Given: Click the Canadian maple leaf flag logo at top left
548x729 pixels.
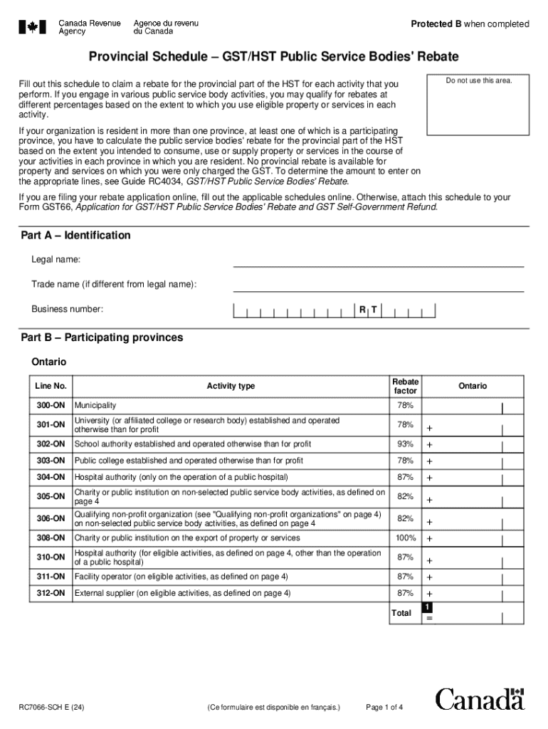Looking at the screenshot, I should point(32,27).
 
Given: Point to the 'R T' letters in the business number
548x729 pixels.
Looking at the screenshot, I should point(368,310).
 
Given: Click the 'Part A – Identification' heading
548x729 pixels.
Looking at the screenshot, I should point(75,236).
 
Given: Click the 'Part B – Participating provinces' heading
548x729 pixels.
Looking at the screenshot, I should point(101,337).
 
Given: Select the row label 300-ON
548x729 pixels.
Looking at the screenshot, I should point(51,405).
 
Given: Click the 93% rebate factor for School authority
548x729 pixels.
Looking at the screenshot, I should point(406,444).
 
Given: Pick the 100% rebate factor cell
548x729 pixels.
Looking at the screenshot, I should point(406,538).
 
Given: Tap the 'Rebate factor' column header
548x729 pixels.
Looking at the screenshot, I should point(406,386).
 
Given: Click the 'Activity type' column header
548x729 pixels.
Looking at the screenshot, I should point(231,386).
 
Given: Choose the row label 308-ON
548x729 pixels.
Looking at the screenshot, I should point(51,538).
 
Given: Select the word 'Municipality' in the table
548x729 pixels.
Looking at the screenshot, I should point(96,405).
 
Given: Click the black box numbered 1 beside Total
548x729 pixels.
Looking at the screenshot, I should point(426,607).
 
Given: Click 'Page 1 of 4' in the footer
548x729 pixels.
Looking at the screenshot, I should point(384,708).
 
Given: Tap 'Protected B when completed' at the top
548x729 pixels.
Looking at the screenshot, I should point(470,24).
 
